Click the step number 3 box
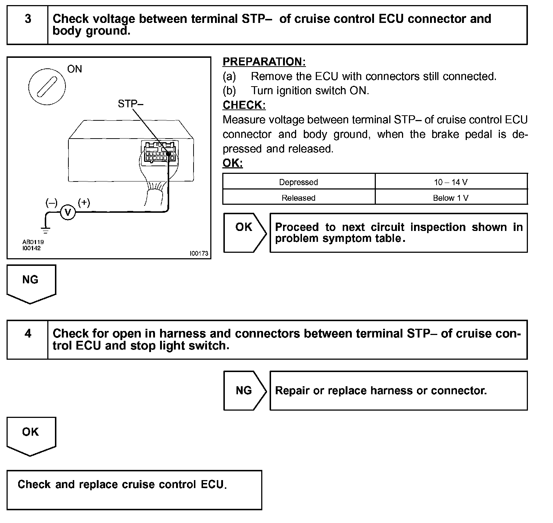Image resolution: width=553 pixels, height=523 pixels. pos(28,25)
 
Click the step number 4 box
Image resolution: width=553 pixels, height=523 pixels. pos(28,340)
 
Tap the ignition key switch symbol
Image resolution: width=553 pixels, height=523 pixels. pos(47,87)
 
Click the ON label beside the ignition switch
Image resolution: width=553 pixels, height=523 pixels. pos(75,69)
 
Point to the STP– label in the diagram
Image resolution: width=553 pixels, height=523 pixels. pos(130,104)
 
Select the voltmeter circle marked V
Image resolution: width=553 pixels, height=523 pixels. pos(68,212)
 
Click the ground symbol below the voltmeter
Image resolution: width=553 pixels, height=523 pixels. pos(45,230)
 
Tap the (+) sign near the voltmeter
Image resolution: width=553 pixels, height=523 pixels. pos(84,202)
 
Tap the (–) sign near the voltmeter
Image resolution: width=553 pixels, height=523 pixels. pos(51,203)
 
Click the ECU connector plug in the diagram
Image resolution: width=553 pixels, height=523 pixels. pos(159,153)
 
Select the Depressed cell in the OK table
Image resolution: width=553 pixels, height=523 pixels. pos(298,182)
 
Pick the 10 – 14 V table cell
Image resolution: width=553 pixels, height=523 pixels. pos(451,182)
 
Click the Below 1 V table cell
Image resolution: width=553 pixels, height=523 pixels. pos(451,198)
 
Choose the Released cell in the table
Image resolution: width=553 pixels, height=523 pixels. pos(298,198)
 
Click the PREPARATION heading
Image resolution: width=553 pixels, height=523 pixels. pos(264,62)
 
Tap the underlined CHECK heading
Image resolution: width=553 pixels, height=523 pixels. pos(244,105)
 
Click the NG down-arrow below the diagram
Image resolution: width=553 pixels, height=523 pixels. pos(31,283)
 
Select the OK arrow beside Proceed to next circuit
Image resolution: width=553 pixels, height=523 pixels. pos(244,232)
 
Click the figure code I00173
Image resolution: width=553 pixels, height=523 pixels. pos(199,253)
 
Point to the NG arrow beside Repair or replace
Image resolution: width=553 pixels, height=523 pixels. pos(244,391)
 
